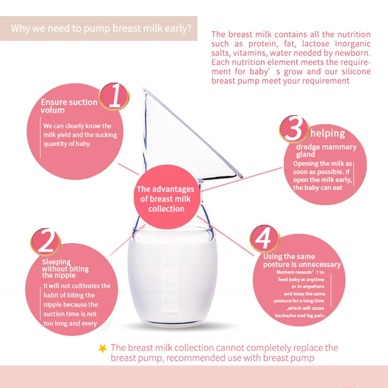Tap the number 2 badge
[45, 242]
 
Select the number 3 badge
[294, 129]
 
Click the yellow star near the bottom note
[102, 348]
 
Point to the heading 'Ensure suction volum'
[68, 106]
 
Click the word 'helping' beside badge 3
[328, 133]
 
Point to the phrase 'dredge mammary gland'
[326, 151]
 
